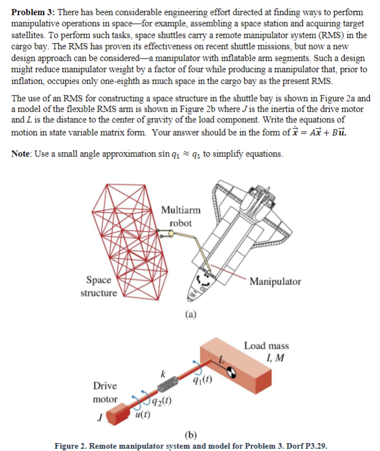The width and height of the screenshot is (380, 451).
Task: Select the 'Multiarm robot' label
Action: (180, 217)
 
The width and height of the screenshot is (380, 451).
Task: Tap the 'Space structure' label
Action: (99, 287)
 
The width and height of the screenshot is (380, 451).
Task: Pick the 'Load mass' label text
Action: (266, 346)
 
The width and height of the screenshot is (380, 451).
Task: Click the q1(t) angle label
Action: (203, 383)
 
